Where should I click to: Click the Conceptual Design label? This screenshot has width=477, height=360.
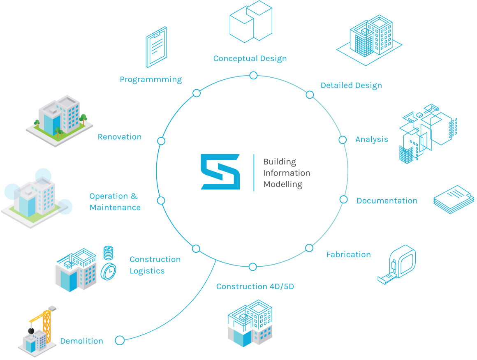coord(250,58)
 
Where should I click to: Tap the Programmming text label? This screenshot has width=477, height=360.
coord(151,79)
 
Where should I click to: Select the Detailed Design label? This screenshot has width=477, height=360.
coord(351,85)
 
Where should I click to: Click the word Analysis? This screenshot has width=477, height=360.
coord(371,139)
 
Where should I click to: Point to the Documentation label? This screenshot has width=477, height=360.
coord(387,201)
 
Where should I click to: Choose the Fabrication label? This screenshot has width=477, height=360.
coord(348,254)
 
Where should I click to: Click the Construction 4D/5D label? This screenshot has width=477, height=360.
coord(255,286)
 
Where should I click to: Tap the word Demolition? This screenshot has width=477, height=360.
coord(81,341)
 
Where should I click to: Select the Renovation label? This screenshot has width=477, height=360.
coord(119,137)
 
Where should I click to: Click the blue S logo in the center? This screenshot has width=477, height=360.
coord(220,172)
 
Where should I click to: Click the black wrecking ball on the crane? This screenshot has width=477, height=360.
coord(30,330)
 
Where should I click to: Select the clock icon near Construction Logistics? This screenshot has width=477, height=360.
coord(109,271)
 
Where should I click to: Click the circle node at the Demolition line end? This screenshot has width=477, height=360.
coord(120,340)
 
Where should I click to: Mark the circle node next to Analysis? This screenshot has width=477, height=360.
coord(343,140)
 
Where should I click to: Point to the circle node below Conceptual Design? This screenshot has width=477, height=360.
coord(253,75)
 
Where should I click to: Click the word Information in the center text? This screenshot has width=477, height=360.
coord(286,173)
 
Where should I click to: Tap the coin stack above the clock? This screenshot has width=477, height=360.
coord(108,253)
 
